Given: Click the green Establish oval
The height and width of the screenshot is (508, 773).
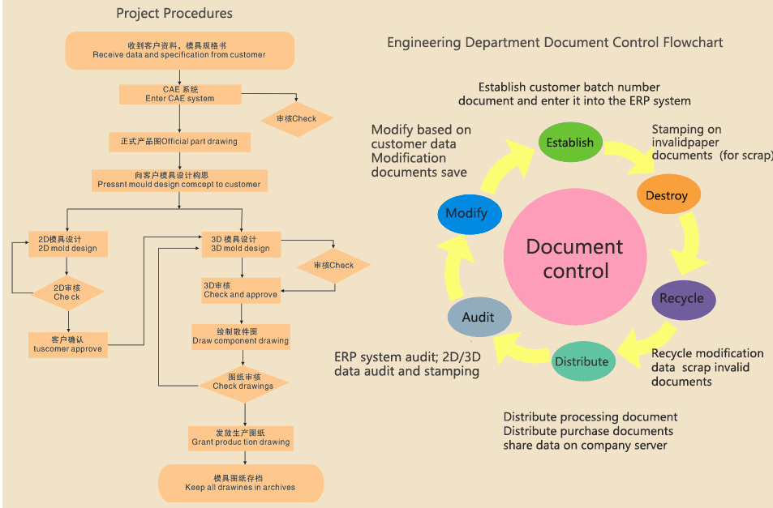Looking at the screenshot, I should pos(570,142).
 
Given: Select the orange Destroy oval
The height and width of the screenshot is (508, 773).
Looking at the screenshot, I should pos(667,195).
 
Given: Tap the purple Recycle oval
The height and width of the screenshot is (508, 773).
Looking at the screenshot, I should pos(683,298).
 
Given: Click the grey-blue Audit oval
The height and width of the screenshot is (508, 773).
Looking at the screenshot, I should pos(479,317).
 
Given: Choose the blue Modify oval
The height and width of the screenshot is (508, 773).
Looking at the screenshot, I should pos(466,213).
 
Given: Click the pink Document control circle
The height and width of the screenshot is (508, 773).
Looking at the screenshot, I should pos(575,258).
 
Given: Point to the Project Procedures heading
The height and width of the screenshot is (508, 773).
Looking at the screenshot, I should pos(174,13).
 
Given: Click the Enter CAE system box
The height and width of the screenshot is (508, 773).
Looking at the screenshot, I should pos(180,94).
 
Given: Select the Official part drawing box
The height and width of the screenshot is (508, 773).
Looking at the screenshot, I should pos(180,142).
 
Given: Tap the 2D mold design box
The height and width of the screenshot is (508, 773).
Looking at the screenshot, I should pos(68,244).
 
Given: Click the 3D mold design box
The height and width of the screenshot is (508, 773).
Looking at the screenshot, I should pos(241,244).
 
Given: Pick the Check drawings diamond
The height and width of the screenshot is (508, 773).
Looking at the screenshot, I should pos(243,382).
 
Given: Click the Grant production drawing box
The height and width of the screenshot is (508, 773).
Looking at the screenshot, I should pos(241,438).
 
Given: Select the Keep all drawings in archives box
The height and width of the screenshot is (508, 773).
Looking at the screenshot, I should pos(241,483).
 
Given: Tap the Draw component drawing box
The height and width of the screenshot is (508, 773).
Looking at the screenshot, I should pos(241,336).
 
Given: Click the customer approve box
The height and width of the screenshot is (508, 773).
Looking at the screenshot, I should pos(68,344).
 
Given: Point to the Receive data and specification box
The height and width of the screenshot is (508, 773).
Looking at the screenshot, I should pos(179,50).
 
